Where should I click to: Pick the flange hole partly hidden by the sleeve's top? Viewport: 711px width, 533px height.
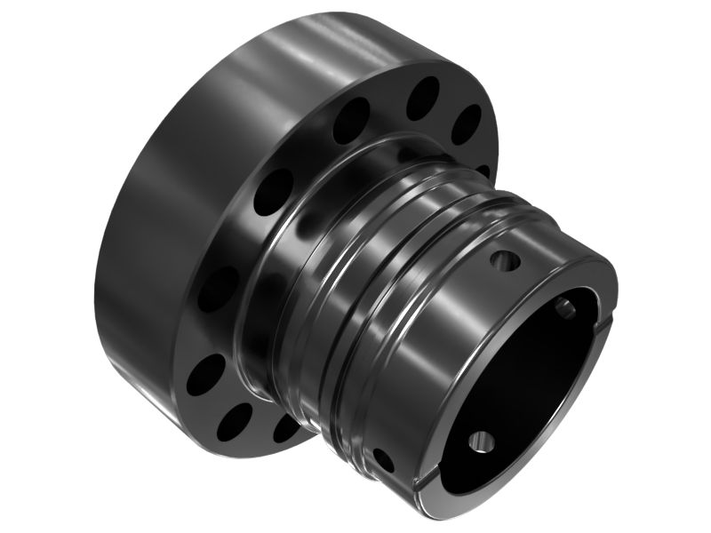(x=483, y=169)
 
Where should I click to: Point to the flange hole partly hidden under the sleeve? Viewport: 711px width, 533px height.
(x=286, y=427)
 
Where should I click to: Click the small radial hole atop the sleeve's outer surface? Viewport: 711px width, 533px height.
(x=504, y=261)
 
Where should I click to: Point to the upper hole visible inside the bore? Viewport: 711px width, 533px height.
(x=564, y=308)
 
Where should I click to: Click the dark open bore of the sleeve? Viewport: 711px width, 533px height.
(x=524, y=382)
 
